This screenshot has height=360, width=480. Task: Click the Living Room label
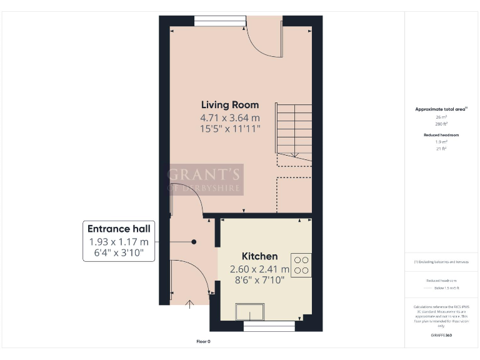click(x=229, y=104)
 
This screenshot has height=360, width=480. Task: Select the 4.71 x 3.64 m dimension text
click(x=229, y=117)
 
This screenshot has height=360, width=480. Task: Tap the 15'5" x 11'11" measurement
click(x=229, y=129)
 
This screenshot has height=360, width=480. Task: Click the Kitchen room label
click(x=260, y=256)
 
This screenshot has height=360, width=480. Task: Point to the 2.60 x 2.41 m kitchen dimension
click(x=259, y=269)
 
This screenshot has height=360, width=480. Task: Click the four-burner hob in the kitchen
click(x=301, y=264)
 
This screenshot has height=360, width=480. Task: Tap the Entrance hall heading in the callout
click(x=119, y=229)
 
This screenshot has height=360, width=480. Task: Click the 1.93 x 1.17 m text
click(x=119, y=242)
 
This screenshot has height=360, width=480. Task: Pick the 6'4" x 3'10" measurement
click(x=119, y=254)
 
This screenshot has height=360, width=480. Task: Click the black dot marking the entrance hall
click(x=194, y=242)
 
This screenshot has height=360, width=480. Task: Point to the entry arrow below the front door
click(x=190, y=304)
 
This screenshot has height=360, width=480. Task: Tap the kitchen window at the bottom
click(x=269, y=326)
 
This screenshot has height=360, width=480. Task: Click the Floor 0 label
click(x=203, y=341)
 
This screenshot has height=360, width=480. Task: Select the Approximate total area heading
click(x=441, y=109)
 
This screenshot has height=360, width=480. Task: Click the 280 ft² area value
click(x=441, y=124)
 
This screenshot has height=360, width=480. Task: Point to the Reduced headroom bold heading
click(x=441, y=135)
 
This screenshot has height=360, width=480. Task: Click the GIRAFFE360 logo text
click(x=441, y=336)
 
